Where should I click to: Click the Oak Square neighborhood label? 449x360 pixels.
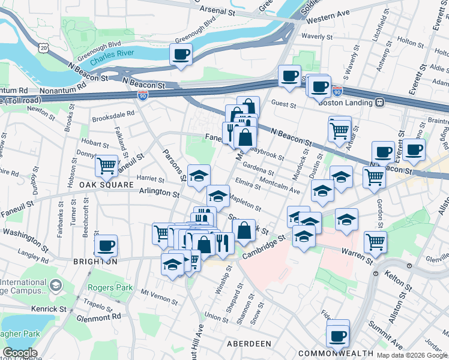(106, 185)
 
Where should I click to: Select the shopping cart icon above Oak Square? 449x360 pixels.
(106, 165)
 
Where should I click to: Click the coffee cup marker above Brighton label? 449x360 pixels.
(106, 245)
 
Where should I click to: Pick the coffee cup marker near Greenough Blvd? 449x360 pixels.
(181, 55)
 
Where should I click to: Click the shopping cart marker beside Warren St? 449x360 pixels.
(375, 241)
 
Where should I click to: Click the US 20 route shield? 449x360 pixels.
(41, 47)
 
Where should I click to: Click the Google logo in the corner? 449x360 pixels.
(19, 353)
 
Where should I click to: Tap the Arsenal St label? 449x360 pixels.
(222, 10)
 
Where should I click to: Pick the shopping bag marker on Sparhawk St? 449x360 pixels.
(244, 231)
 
